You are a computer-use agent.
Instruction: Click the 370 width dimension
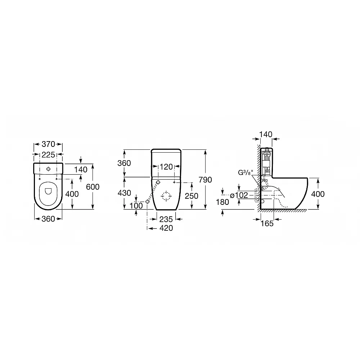click(48, 144)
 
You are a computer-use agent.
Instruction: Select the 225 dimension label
click(48, 155)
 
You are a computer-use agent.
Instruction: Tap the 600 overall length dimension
click(93, 187)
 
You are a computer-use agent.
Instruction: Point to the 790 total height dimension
click(205, 180)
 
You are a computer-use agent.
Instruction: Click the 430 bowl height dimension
click(124, 193)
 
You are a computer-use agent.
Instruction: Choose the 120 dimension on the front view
click(166, 167)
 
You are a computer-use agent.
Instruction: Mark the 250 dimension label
click(192, 196)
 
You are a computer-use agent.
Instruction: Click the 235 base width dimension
click(166, 219)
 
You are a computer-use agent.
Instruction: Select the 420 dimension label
click(166, 228)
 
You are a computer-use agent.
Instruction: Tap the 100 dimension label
click(136, 206)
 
